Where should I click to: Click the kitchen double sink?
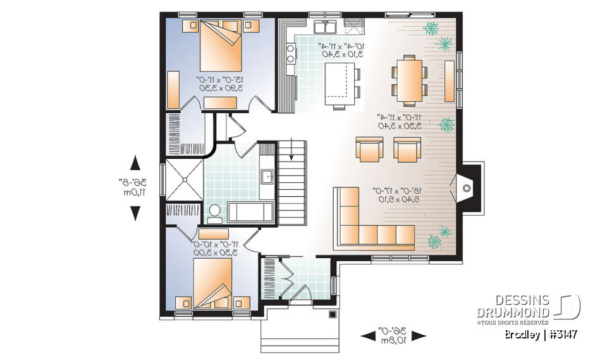click(326, 27)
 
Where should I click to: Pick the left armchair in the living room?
click(369, 149)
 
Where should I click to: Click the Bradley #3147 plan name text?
click(541, 335)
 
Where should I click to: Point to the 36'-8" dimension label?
click(135, 187)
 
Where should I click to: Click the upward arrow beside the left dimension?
click(135, 163)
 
